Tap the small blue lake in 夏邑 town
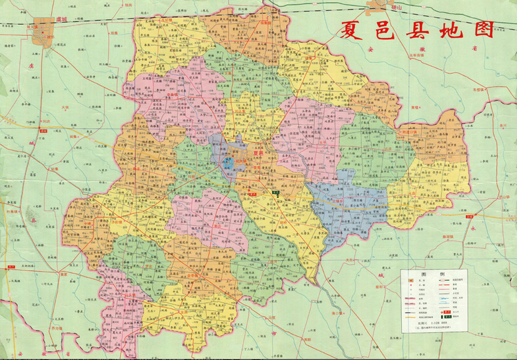coord(228,163)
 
